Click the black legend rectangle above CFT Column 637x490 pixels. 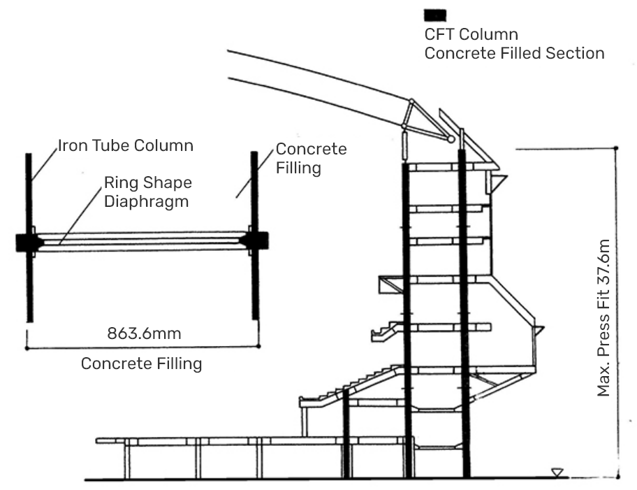coord(435,15)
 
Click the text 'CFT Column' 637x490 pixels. coord(471,34)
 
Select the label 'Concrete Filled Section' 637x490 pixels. coord(515,53)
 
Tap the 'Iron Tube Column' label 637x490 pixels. coord(125,146)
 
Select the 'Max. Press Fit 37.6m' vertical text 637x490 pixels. coord(604,318)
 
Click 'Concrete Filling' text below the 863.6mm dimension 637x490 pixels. coord(142,364)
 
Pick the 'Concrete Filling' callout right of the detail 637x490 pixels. coord(311,159)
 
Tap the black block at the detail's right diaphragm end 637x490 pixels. coord(256,240)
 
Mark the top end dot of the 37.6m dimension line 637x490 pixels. coord(616,148)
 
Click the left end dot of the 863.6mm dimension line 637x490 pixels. coord(27,346)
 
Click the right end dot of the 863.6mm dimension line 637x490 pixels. coord(258,346)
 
